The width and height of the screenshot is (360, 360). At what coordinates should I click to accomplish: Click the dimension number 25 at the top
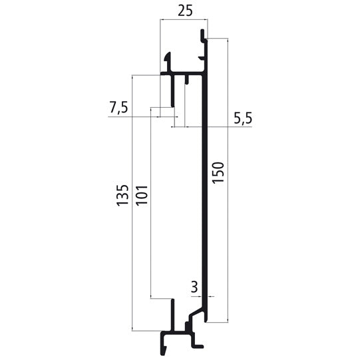click(183, 11)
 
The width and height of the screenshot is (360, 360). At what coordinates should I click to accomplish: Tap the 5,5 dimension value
click(243, 118)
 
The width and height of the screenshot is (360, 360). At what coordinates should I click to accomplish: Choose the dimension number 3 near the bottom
click(194, 287)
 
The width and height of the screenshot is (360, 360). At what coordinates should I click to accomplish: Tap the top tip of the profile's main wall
click(204, 33)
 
